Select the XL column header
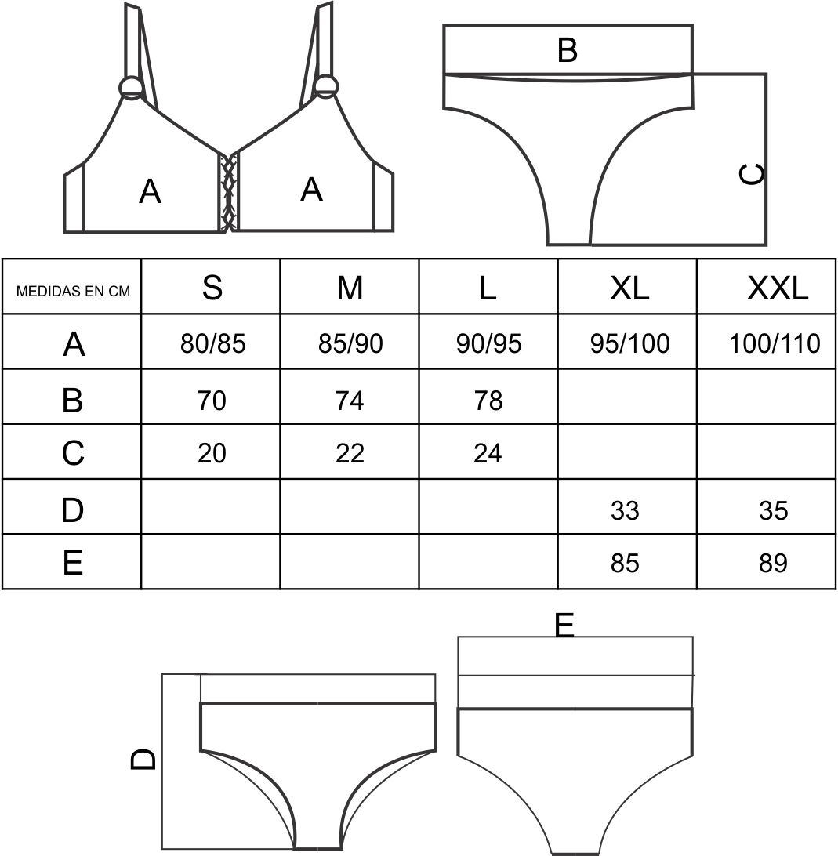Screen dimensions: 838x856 pyautogui.click(x=629, y=288)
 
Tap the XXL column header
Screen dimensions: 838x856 pyautogui.click(x=778, y=288)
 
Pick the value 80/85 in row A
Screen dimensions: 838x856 pyautogui.click(x=213, y=343)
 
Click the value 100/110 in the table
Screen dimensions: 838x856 pyautogui.click(x=775, y=343)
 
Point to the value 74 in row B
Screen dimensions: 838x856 pyautogui.click(x=350, y=400)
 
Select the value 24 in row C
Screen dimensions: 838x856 pyautogui.click(x=488, y=453)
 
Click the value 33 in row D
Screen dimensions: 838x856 pyautogui.click(x=625, y=510)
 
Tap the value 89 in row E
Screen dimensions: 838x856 pyautogui.click(x=773, y=563)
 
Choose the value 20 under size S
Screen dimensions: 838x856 pyautogui.click(x=212, y=453)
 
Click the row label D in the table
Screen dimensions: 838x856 pyautogui.click(x=73, y=510)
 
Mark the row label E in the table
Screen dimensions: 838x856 pyautogui.click(x=73, y=563)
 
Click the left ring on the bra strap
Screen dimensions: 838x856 pyautogui.click(x=131, y=87)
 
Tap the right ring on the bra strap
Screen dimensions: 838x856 pyautogui.click(x=326, y=86)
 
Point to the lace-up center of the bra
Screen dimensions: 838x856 pyautogui.click(x=228, y=192)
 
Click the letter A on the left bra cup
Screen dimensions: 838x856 pyautogui.click(x=151, y=191)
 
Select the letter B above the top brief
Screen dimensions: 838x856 pyautogui.click(x=568, y=49)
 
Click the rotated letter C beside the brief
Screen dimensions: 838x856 pyautogui.click(x=752, y=174)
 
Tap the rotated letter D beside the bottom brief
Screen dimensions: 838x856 pyautogui.click(x=143, y=759)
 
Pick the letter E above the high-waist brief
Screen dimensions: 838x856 pyautogui.click(x=564, y=625)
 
